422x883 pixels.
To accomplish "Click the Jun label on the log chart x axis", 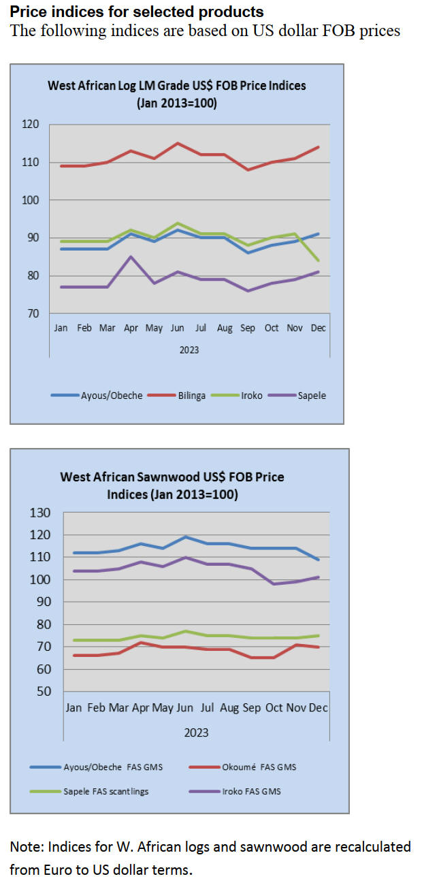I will click(x=178, y=328).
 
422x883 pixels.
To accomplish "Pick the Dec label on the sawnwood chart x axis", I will click(x=319, y=708).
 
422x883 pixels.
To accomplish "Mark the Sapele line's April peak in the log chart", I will click(x=131, y=257).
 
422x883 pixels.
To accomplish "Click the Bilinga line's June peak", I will click(x=178, y=143).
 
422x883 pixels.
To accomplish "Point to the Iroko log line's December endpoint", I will click(x=319, y=260).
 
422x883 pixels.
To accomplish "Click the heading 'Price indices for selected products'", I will click(x=137, y=12).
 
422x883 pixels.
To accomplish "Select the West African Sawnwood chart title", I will click(x=172, y=485).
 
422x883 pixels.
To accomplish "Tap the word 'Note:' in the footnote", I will click(x=25, y=847).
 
